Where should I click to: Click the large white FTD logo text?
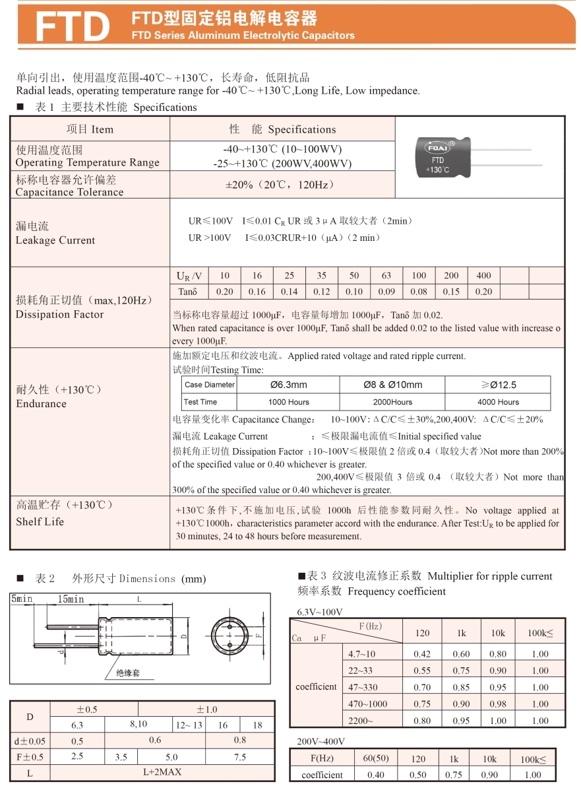(x=71, y=26)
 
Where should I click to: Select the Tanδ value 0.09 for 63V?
(x=386, y=292)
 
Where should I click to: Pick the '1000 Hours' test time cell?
(x=288, y=402)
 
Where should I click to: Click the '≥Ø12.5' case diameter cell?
(x=498, y=385)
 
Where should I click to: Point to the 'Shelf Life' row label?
(x=41, y=521)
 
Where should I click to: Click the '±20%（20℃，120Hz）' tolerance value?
(x=282, y=185)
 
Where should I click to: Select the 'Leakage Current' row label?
(x=55, y=240)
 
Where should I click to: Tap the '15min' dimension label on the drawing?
(x=71, y=599)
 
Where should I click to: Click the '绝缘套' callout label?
(x=127, y=673)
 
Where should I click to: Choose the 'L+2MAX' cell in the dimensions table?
(x=162, y=772)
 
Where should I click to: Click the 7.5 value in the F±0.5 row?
(x=240, y=757)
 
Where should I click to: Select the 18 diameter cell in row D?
(x=257, y=725)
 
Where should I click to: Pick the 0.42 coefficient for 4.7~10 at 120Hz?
(x=422, y=654)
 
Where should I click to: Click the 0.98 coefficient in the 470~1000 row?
(x=498, y=704)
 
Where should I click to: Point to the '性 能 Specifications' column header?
(x=282, y=129)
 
